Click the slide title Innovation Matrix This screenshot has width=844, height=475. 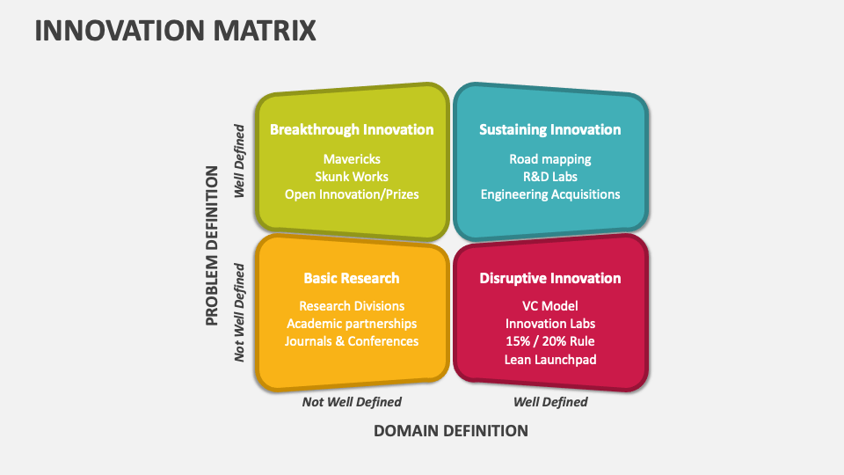click(175, 30)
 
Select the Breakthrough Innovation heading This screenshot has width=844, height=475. click(352, 129)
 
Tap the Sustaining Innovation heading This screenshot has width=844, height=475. click(549, 129)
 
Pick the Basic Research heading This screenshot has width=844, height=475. click(352, 278)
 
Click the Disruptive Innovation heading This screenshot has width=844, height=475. click(549, 278)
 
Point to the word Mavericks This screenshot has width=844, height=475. click(352, 159)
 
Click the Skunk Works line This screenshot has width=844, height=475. click(352, 177)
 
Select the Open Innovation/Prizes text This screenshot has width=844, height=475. click(352, 194)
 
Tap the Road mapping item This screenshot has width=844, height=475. click(550, 159)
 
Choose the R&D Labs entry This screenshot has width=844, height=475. click(550, 177)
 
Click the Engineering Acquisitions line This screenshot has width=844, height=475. click(550, 194)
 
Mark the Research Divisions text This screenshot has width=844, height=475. click(352, 306)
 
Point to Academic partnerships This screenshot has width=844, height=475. click(352, 324)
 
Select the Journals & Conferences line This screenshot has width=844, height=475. click(352, 341)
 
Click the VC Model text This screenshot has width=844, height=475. click(550, 306)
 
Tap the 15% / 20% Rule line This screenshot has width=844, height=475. click(550, 341)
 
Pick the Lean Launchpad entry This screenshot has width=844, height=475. click(550, 359)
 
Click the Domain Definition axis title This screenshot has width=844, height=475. click(451, 431)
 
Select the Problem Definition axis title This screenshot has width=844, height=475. click(212, 245)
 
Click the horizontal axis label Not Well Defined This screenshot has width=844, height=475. click(352, 402)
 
